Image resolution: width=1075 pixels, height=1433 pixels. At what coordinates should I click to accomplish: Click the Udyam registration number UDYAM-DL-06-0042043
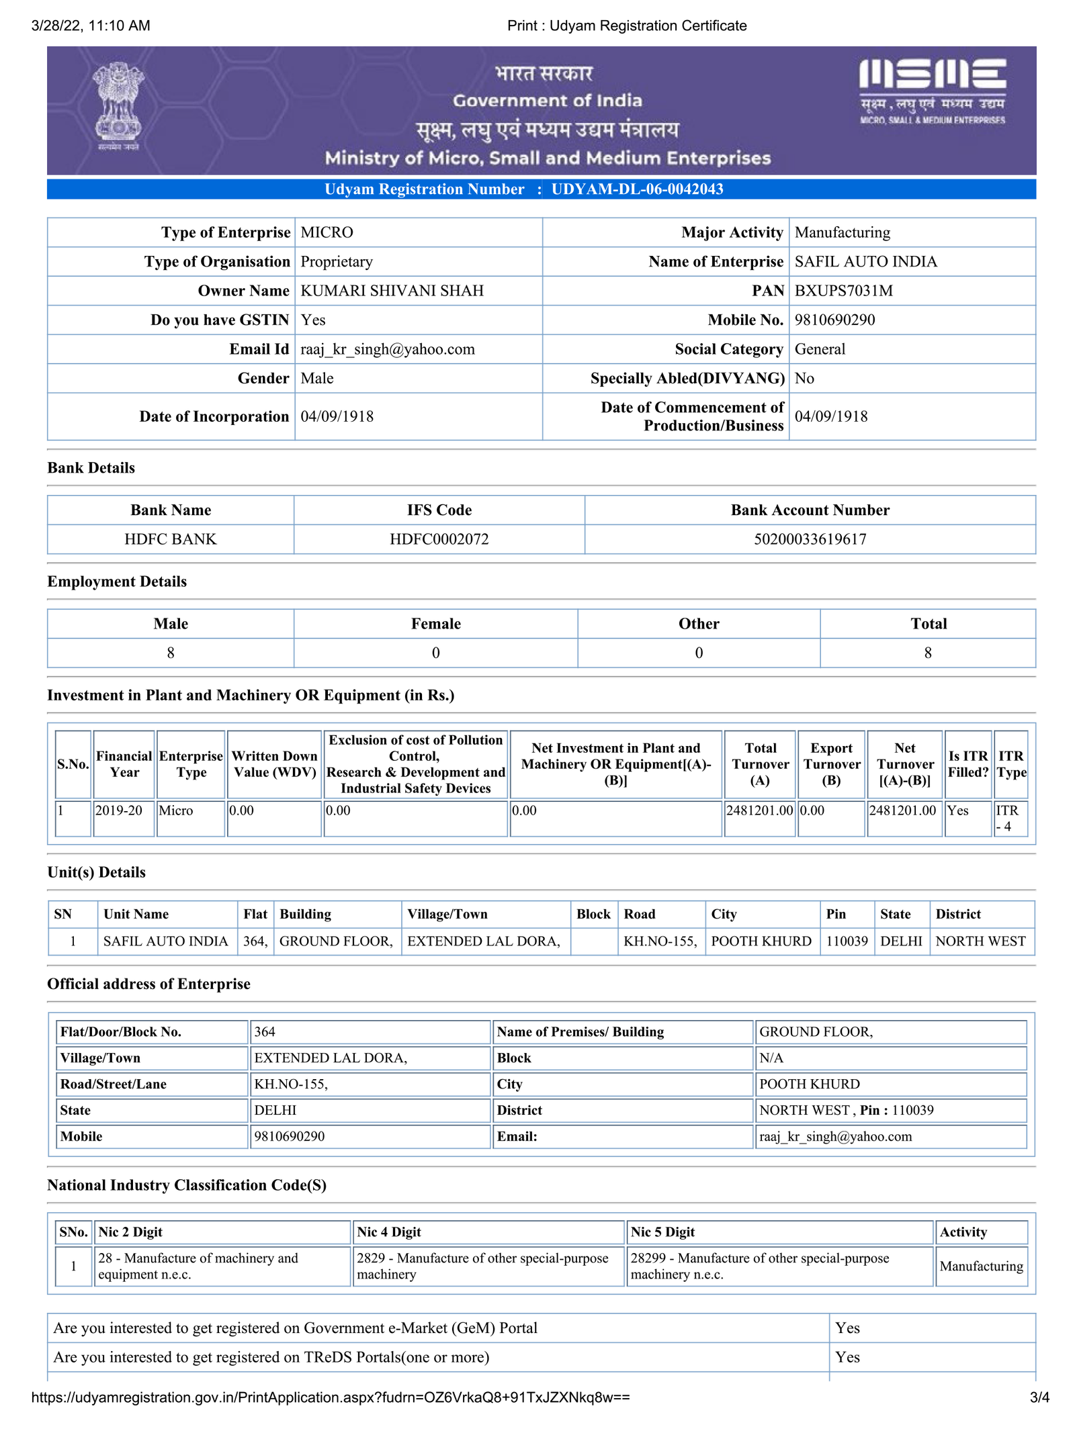click(637, 189)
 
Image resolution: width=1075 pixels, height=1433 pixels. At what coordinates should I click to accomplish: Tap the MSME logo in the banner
click(932, 91)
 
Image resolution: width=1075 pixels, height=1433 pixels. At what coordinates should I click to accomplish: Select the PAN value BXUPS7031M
click(843, 291)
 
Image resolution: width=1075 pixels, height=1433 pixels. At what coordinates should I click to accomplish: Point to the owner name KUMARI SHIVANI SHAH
click(392, 291)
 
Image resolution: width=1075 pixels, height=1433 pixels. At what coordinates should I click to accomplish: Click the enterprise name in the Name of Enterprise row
click(865, 262)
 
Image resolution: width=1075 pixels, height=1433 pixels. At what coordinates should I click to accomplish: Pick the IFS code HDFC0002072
click(439, 539)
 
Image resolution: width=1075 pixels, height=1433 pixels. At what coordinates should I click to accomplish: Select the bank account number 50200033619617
click(810, 539)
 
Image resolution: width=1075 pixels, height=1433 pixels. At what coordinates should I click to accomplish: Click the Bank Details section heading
click(91, 468)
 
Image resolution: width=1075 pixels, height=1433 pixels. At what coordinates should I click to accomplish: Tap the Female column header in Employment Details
click(435, 624)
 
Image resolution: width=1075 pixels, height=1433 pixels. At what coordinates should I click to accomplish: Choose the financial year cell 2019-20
click(119, 811)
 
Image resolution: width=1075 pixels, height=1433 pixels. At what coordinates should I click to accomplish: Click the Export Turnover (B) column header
click(831, 764)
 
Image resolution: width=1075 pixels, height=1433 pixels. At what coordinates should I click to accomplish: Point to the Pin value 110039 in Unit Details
click(847, 941)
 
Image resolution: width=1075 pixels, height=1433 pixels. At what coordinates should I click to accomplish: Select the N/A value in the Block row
click(771, 1058)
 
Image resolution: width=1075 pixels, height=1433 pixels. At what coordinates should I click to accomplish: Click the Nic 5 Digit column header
click(662, 1232)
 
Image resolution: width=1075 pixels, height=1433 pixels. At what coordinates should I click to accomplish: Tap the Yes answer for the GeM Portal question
click(847, 1328)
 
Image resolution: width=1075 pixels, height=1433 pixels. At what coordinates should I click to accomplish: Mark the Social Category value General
click(820, 349)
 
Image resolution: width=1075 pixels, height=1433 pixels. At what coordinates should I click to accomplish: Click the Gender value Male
click(317, 379)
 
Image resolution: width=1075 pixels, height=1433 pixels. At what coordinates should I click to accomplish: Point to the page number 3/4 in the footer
click(1039, 1398)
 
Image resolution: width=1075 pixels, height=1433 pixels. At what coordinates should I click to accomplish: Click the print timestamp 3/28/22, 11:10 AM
click(91, 26)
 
